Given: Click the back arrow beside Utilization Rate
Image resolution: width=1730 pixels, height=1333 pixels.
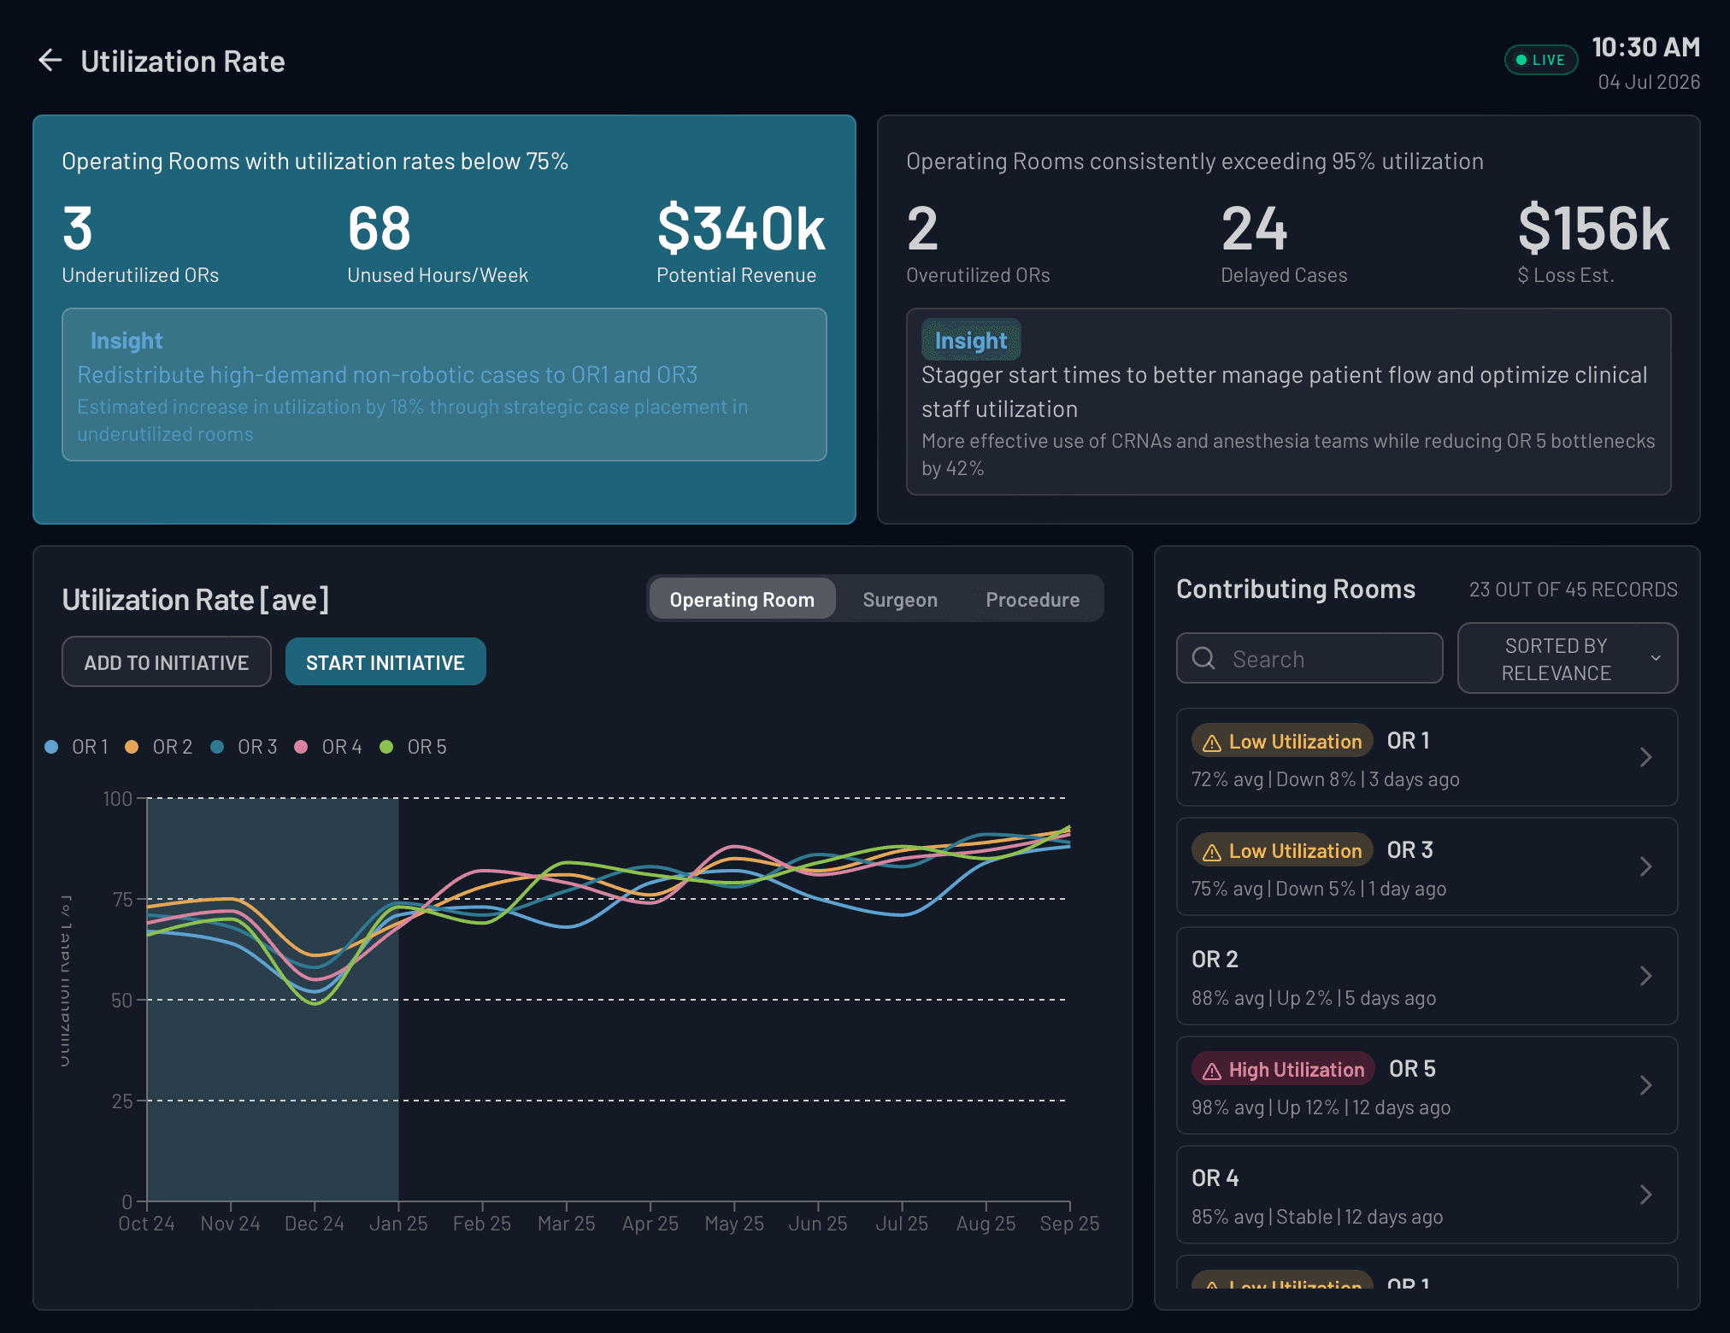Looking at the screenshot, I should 50,61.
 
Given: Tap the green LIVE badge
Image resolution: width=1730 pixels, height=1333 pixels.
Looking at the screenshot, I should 1540,60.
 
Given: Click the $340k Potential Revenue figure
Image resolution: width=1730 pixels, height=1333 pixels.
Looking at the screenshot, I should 740,229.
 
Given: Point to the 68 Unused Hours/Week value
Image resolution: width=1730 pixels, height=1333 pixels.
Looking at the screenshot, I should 379,229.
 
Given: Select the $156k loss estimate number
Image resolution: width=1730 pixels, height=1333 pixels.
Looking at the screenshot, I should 1592,229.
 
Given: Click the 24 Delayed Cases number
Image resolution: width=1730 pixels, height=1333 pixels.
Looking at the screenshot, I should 1253,229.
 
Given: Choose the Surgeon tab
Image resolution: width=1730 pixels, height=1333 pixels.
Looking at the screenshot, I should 899,600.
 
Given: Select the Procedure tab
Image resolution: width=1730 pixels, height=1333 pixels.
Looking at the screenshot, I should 1032,600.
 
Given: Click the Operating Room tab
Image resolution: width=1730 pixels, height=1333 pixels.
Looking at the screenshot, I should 741,600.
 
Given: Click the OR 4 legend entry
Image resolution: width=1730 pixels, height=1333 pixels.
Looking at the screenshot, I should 330,747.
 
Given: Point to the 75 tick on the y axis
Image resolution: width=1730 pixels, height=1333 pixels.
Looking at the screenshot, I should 122,899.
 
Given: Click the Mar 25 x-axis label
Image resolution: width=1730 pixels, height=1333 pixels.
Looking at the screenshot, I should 566,1224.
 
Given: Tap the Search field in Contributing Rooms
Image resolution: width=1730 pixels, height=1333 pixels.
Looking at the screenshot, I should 1309,659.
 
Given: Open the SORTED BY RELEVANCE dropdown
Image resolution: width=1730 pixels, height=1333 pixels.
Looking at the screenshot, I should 1567,659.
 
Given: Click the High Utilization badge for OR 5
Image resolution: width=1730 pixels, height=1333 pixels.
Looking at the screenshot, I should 1283,1069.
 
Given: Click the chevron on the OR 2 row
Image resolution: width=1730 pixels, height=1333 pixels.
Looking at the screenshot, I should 1645,976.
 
